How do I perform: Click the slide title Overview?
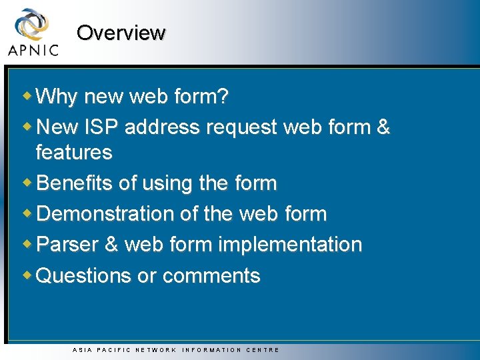coord(121,33)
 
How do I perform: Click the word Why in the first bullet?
coord(57,97)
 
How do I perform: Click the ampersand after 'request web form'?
coord(383,127)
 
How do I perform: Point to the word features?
coord(74,153)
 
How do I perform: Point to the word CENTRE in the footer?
coord(263,350)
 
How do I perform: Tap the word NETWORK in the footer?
coord(156,350)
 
